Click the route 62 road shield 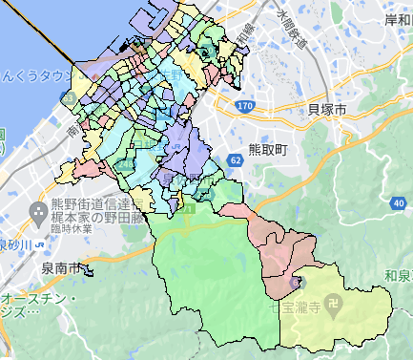click(235, 160)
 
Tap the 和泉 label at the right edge click(400, 276)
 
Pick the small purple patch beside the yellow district click(295, 281)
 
